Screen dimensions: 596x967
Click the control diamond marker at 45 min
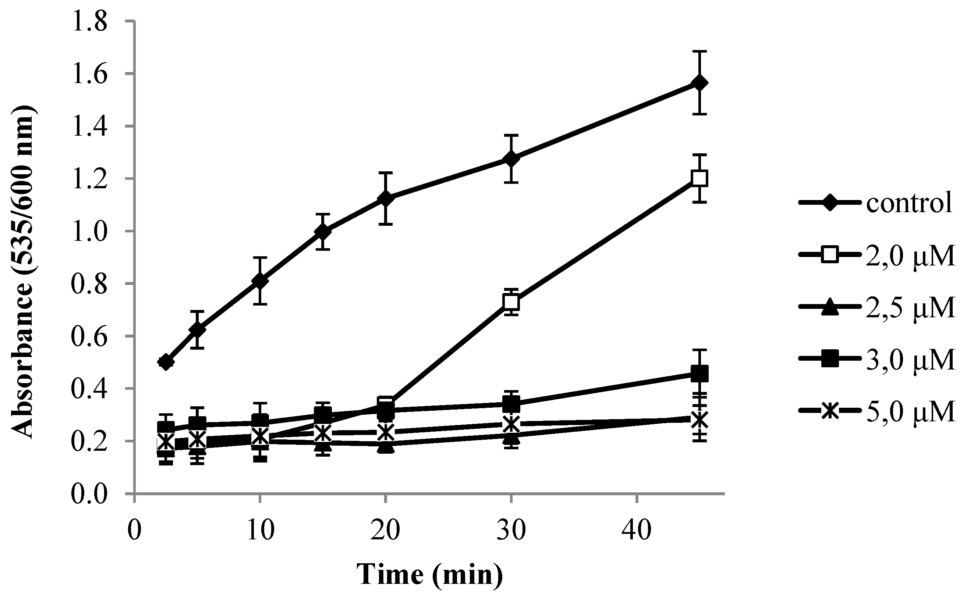tap(699, 83)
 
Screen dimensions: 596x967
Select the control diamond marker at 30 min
tap(511, 159)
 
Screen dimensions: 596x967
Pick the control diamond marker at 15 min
tap(323, 232)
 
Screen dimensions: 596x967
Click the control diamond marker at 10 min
tap(259, 281)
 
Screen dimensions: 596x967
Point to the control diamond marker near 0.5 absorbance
tap(166, 362)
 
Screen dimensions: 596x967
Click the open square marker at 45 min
tap(699, 178)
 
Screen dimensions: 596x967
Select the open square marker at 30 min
tap(511, 302)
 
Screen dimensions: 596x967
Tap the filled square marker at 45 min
tap(699, 374)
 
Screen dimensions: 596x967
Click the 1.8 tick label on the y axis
tap(89, 21)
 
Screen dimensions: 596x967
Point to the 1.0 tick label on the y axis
tap(89, 231)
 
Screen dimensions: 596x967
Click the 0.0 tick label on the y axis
tap(89, 493)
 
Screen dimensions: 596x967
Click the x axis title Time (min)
tap(430, 575)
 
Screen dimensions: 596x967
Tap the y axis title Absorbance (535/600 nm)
tap(23, 272)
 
